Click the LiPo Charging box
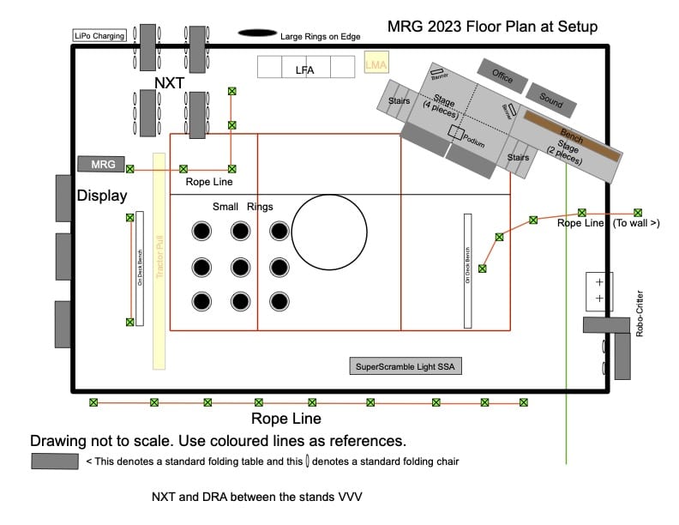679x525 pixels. (100, 36)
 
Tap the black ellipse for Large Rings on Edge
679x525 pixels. (257, 34)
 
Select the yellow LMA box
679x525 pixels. (376, 65)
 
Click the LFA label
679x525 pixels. (304, 69)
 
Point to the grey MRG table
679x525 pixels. (102, 164)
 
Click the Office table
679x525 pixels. (502, 76)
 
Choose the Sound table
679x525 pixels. (550, 101)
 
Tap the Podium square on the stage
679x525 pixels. (455, 132)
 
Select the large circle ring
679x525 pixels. (328, 230)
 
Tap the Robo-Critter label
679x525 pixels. (640, 314)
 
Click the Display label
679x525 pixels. (102, 196)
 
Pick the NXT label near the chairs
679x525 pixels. (169, 82)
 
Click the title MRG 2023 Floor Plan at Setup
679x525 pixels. (492, 27)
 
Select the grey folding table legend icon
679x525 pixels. (56, 462)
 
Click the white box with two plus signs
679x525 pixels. (599, 290)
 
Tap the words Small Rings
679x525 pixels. (243, 207)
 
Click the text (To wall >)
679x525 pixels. (635, 223)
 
